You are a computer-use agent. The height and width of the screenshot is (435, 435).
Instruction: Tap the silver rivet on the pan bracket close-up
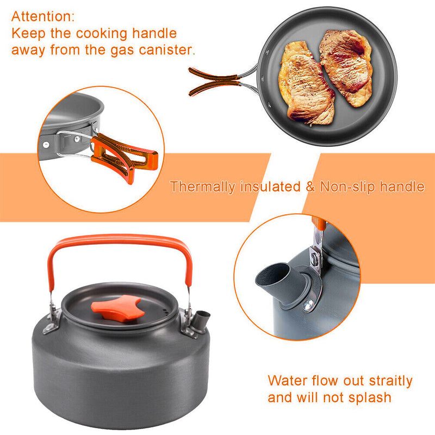(46, 145)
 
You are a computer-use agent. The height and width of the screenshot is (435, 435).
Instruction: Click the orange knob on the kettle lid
(117, 308)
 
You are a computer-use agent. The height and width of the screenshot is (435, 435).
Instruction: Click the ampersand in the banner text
(310, 187)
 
